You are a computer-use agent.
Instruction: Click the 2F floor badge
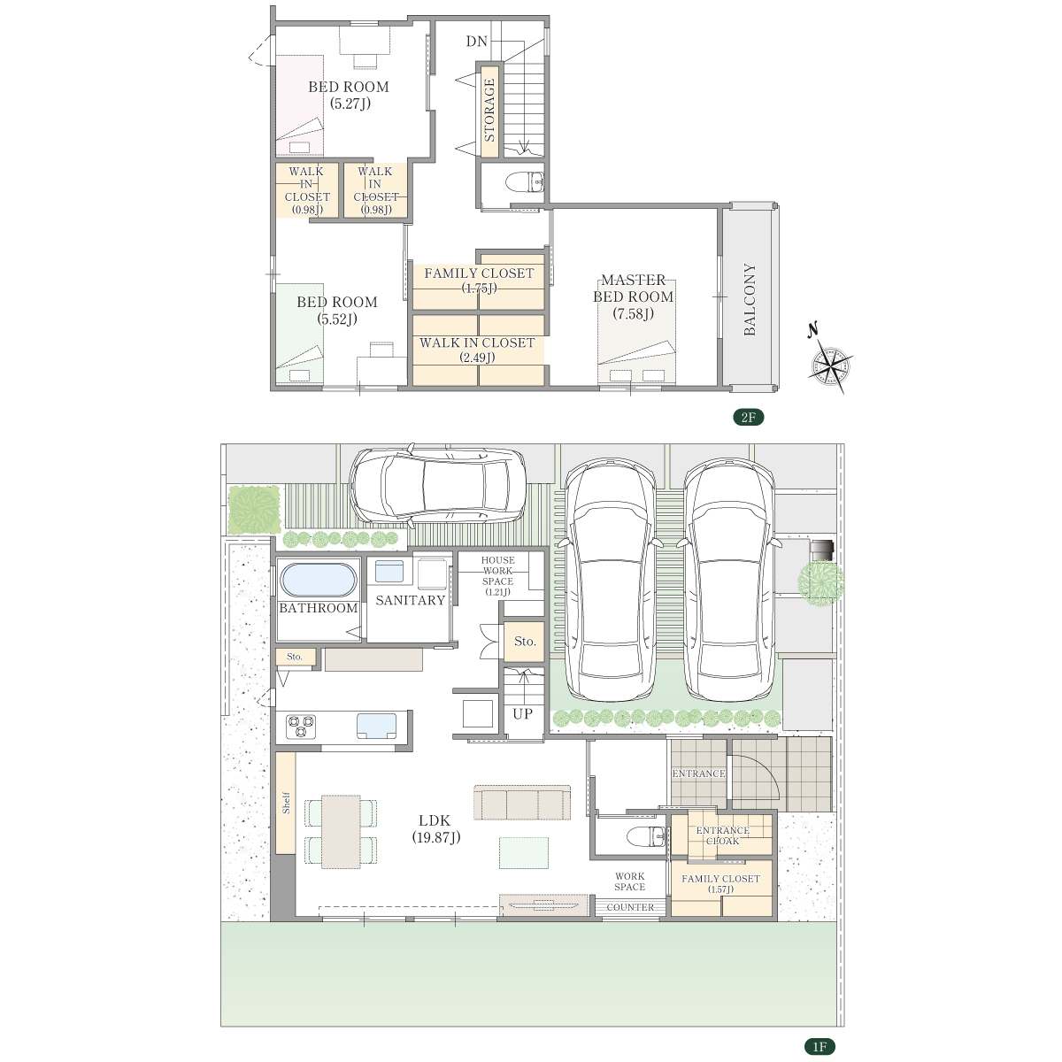click(x=748, y=417)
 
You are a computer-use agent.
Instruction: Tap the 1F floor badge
click(x=819, y=1047)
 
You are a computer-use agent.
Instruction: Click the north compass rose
click(x=829, y=362)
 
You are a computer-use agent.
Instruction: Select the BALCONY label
click(x=750, y=299)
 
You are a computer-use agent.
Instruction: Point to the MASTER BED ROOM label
click(x=634, y=296)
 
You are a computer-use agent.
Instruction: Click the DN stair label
click(x=476, y=42)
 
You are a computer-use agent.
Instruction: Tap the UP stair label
click(x=522, y=713)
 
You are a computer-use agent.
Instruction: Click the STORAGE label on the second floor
click(x=489, y=111)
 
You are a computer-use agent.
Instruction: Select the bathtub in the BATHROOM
click(x=319, y=580)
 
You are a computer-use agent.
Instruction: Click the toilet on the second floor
click(x=525, y=182)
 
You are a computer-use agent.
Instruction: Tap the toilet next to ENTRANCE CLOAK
click(x=646, y=836)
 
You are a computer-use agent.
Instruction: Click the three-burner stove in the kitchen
click(x=301, y=726)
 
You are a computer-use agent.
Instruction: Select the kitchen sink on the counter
click(x=376, y=726)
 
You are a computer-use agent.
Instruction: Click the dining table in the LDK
click(x=341, y=832)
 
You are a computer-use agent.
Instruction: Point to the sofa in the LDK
click(x=522, y=803)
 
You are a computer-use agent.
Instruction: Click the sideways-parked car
click(x=438, y=483)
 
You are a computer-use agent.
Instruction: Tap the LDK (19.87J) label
click(x=436, y=829)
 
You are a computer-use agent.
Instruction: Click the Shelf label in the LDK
click(x=286, y=803)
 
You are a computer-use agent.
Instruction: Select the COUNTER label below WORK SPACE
click(x=630, y=906)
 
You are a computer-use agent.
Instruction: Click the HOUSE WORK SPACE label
click(x=497, y=575)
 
